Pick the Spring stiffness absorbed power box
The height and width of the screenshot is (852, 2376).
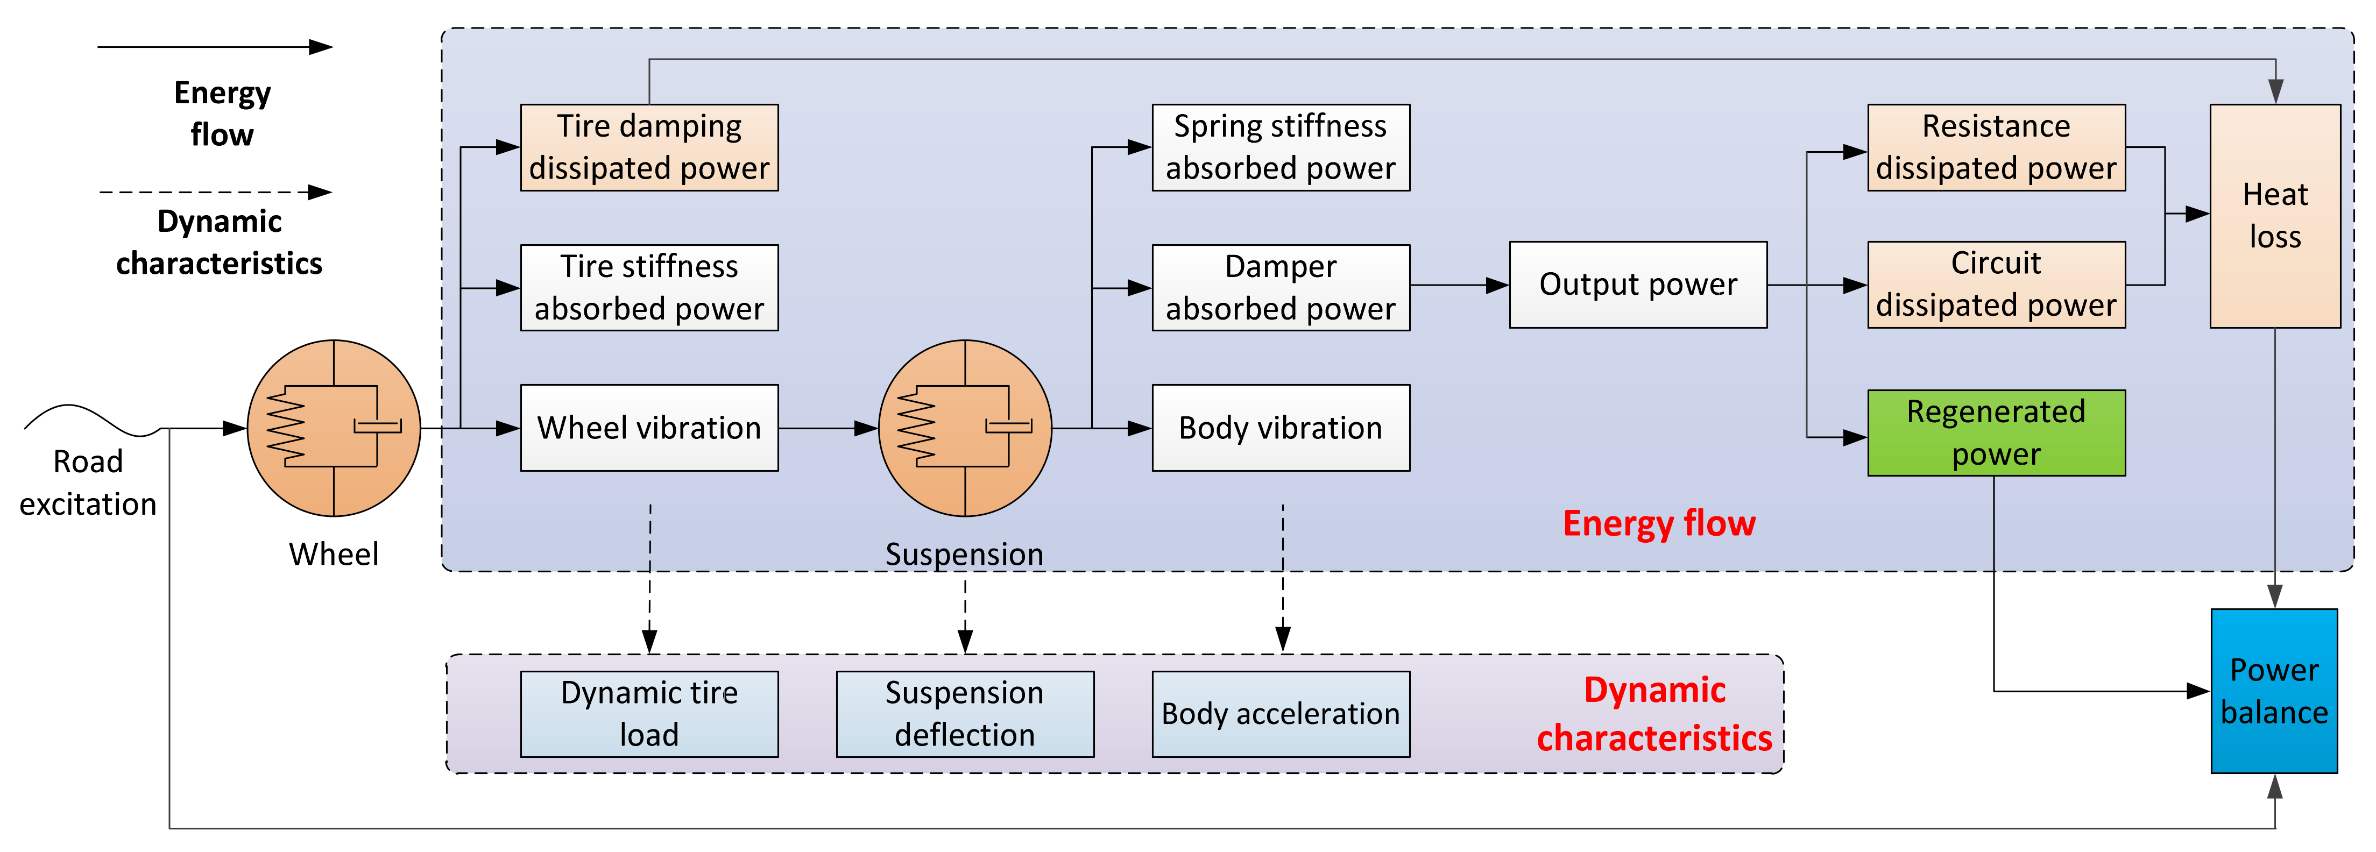point(1280,147)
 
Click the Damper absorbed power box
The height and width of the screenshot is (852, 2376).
point(1280,288)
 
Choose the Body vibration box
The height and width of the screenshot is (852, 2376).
point(1280,428)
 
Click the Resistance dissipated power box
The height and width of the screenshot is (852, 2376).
point(1996,147)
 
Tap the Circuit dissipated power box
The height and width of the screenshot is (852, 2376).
point(1996,285)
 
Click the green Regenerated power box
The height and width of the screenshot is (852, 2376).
point(1996,432)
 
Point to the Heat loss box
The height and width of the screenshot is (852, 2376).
point(2274,216)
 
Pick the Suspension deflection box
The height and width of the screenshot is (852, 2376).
point(965,714)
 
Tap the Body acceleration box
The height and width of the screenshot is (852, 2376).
point(1280,714)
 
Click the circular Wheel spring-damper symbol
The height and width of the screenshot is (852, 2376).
point(334,428)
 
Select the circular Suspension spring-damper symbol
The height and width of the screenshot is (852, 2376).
point(965,428)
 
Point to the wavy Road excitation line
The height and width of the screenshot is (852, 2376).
point(88,420)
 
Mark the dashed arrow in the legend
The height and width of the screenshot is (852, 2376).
point(214,193)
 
